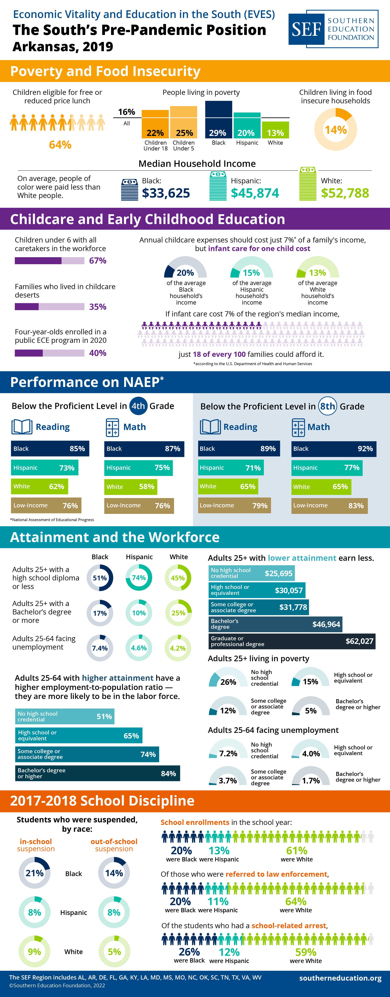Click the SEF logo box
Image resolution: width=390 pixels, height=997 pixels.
pos(333,29)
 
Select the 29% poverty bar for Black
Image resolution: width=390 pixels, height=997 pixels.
pos(218,120)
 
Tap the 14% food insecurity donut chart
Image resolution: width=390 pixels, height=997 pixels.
pos(335,129)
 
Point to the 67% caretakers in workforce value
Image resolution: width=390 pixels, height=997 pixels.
pos(97,260)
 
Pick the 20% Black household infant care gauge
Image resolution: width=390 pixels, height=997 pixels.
pos(185,268)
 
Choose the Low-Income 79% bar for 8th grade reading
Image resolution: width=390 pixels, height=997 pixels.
pos(234,506)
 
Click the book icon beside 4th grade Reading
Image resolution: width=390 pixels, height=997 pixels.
pos(22,427)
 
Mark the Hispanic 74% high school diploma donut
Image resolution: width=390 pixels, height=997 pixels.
pos(139,577)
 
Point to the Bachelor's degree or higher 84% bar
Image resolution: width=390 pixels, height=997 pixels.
pos(97,773)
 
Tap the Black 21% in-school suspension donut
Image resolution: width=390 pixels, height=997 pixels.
pos(34,873)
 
